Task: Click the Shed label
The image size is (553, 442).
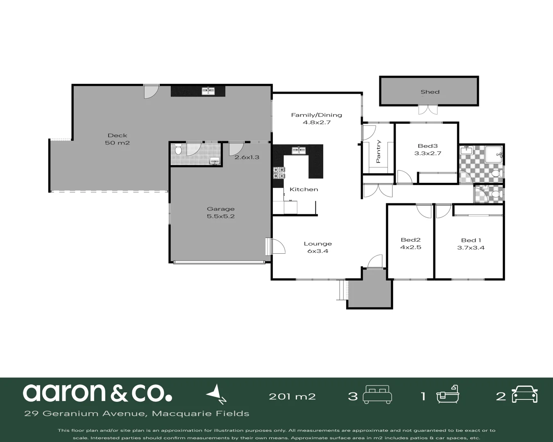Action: [430, 92]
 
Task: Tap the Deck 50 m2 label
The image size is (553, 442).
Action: [118, 139]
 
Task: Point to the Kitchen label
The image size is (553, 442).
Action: [304, 189]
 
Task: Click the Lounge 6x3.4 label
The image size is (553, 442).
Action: [317, 247]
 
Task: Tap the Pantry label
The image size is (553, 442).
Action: [378, 151]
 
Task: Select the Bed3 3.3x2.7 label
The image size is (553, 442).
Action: [428, 150]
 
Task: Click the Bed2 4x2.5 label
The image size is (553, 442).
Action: [410, 244]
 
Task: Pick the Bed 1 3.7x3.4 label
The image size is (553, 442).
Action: [471, 244]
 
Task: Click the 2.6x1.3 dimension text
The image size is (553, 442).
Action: [247, 157]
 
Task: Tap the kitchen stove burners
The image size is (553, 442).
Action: [279, 173]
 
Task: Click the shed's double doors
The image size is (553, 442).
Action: [428, 110]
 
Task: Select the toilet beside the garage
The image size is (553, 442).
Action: [178, 149]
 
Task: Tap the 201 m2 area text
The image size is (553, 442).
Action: [292, 396]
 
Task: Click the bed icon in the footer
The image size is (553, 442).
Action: [378, 396]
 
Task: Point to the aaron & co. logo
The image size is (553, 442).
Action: [97, 393]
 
